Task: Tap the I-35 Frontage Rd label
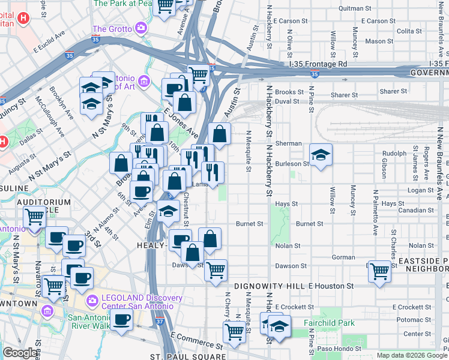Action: [x=318, y=64]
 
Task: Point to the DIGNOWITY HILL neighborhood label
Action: [x=270, y=286]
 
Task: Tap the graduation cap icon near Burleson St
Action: [x=321, y=155]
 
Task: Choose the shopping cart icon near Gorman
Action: [x=379, y=271]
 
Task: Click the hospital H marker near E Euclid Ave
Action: [x=23, y=17]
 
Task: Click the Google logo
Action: [x=20, y=353]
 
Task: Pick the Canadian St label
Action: [x=416, y=211]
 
